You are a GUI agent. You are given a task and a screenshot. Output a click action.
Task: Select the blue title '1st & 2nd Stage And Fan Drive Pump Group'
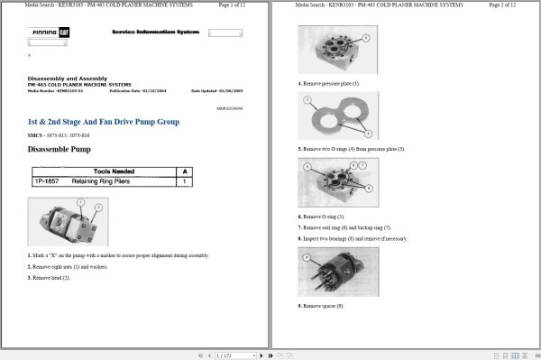tap(104, 122)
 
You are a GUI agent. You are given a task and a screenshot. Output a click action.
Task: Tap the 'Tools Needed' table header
tap(114, 171)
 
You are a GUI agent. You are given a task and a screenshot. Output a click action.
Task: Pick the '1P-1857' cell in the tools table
tap(46, 181)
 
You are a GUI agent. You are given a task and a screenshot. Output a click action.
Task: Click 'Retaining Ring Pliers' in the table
tap(103, 181)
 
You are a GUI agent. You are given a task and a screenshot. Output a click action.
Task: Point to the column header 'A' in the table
tap(185, 171)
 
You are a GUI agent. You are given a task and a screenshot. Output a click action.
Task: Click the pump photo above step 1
tap(69, 222)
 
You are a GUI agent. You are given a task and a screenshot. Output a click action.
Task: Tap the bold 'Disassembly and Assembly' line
tap(62, 78)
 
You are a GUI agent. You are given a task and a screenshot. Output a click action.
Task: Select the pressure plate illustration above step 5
tap(338, 115)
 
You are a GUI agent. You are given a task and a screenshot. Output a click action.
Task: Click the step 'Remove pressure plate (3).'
tap(329, 83)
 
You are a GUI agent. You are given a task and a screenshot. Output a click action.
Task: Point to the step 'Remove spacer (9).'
tap(321, 306)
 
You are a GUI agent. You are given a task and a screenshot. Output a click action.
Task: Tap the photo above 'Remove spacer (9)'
tap(338, 272)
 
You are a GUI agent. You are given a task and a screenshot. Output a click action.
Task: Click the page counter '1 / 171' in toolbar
tap(226, 355)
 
